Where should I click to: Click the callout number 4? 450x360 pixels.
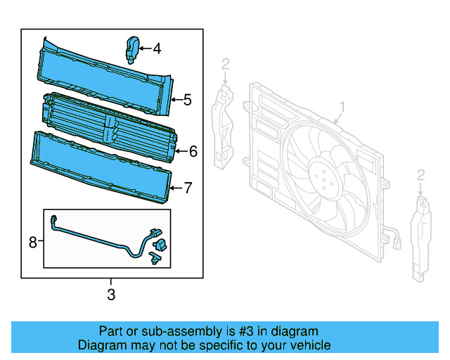click(157, 49)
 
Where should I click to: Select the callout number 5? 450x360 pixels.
click(187, 100)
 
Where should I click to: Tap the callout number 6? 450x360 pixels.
click(193, 150)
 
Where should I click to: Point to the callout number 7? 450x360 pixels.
click(188, 188)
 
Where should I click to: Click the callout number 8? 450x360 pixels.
click(32, 242)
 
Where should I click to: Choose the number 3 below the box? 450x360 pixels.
click(111, 295)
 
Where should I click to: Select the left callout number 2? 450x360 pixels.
click(226, 65)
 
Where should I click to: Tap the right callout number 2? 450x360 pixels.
click(420, 174)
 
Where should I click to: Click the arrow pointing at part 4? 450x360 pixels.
click(143, 49)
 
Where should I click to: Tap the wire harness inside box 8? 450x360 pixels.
click(98, 237)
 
